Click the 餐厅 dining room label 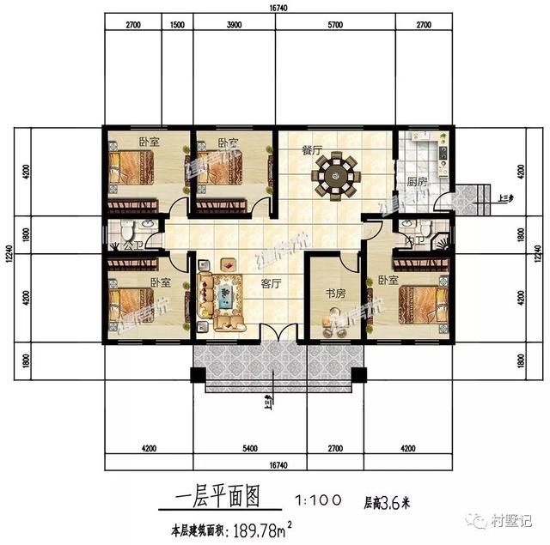[311, 149]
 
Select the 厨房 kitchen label [416, 182]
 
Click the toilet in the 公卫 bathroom [127, 231]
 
